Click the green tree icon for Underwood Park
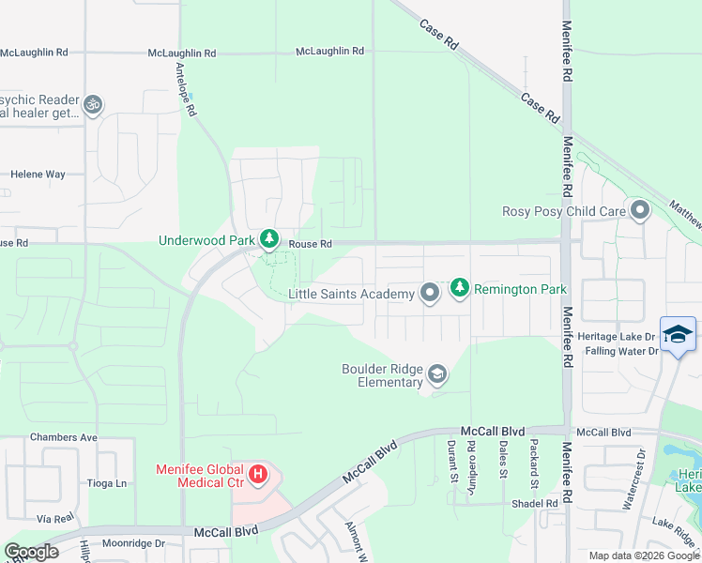pos(269,240)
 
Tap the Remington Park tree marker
pos(459,287)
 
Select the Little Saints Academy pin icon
pos(430,295)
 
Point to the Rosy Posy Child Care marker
pos(640,210)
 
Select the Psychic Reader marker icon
pos(92,104)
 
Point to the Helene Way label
pos(38,175)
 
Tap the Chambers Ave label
pos(64,437)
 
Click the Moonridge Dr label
pos(132,543)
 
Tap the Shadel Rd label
pos(538,503)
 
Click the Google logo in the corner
pos(31,552)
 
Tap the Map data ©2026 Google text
pos(645,555)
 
